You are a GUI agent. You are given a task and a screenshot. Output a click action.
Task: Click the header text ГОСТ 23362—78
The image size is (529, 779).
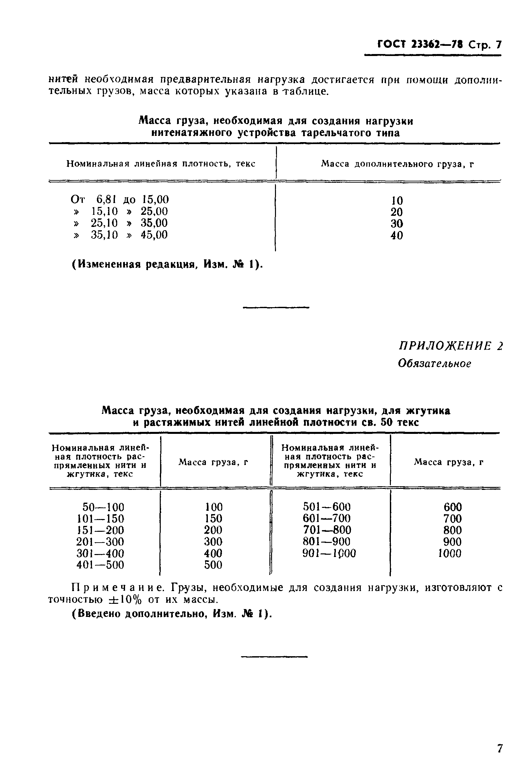(x=420, y=44)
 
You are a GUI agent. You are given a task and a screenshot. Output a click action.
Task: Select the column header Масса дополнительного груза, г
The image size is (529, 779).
(x=397, y=164)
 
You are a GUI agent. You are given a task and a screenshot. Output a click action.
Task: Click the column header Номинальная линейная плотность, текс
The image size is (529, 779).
(x=161, y=164)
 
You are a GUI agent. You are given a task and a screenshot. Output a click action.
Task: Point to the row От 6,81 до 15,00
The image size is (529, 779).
(x=119, y=200)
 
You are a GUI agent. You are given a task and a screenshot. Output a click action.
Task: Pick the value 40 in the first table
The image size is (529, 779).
(x=397, y=236)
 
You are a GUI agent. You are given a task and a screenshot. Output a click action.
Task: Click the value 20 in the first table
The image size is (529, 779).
(x=397, y=212)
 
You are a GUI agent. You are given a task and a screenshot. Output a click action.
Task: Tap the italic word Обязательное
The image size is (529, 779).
(x=434, y=364)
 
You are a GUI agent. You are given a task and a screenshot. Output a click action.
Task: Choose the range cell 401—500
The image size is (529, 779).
(x=100, y=565)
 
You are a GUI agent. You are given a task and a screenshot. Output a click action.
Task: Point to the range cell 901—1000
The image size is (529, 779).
(x=329, y=553)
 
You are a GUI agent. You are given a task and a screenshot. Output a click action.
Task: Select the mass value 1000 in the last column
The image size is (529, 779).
(x=449, y=553)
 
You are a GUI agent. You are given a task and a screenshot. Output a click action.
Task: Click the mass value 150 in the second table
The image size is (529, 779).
(x=213, y=519)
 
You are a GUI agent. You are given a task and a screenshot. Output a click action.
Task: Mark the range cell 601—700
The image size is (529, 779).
(x=327, y=519)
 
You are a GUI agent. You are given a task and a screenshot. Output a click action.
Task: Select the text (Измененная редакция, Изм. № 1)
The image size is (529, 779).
(x=167, y=265)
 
